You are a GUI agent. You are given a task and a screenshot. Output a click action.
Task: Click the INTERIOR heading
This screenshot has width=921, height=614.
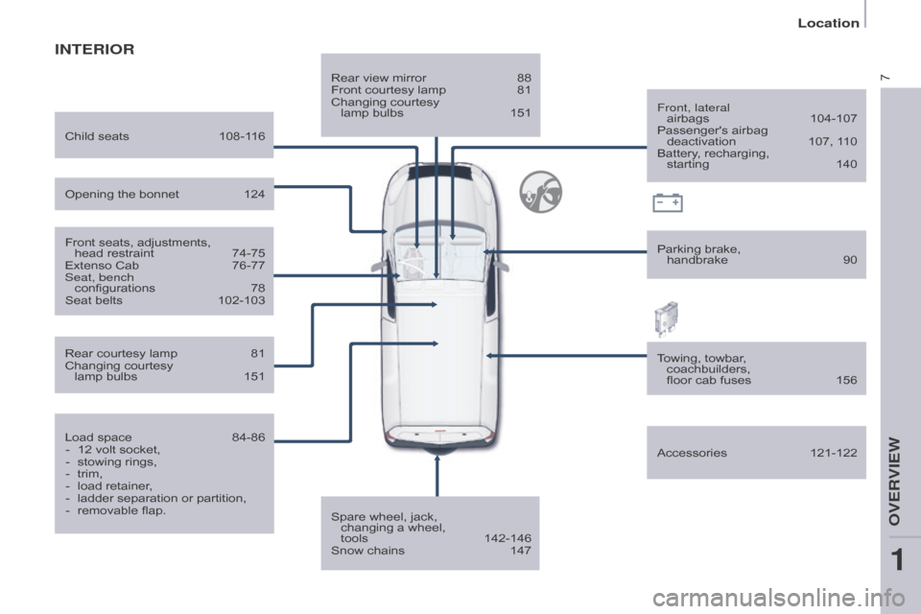pyautogui.click(x=95, y=49)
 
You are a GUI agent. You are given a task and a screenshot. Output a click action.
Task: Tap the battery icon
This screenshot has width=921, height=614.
pyautogui.click(x=668, y=202)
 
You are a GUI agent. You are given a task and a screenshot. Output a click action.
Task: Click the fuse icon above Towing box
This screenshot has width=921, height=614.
pyautogui.click(x=666, y=319)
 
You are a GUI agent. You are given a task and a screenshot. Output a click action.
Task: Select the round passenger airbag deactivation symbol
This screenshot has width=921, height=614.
pyautogui.click(x=540, y=192)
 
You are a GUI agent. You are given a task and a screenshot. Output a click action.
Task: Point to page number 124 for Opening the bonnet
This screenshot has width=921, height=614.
pyautogui.click(x=254, y=194)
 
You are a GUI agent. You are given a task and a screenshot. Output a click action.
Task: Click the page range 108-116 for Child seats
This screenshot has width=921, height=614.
pyautogui.click(x=242, y=136)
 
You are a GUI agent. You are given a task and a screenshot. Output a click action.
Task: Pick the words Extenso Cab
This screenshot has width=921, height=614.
pyautogui.click(x=102, y=265)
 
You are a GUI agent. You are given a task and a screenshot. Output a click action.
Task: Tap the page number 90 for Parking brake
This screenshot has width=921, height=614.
pyautogui.click(x=850, y=260)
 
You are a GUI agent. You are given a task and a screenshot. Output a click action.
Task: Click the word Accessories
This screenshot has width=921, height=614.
pyautogui.click(x=692, y=453)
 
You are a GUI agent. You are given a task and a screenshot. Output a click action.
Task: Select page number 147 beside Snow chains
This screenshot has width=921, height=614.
pyautogui.click(x=520, y=551)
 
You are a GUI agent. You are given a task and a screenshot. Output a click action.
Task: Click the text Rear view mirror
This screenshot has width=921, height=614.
pyautogui.click(x=378, y=78)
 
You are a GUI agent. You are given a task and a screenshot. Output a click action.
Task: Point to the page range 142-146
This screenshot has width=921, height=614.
pyautogui.click(x=508, y=538)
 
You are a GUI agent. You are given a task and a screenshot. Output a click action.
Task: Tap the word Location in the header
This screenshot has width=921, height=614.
pyautogui.click(x=828, y=23)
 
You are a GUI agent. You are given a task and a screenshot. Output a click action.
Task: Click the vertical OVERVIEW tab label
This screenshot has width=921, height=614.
pyautogui.click(x=894, y=482)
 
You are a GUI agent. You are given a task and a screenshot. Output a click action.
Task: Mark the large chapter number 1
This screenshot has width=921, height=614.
pyautogui.click(x=897, y=560)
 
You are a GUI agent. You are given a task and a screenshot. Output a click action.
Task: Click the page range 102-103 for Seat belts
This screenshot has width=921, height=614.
pyautogui.click(x=242, y=300)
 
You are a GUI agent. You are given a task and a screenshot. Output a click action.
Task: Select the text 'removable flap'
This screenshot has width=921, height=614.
pyautogui.click(x=122, y=510)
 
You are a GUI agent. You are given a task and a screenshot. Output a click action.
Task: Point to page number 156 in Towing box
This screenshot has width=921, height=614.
pyautogui.click(x=846, y=380)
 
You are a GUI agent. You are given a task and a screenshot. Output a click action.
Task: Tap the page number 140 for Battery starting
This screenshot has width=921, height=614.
pyautogui.click(x=846, y=164)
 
